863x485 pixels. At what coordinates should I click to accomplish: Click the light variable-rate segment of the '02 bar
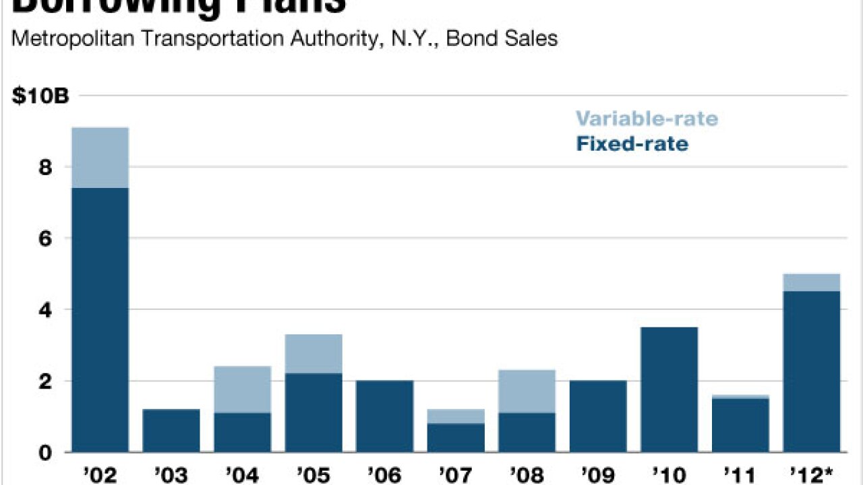click(100, 158)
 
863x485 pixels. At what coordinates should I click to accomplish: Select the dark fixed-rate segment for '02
click(100, 320)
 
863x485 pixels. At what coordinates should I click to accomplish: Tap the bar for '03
click(171, 430)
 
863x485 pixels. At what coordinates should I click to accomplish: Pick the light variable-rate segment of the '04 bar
click(242, 389)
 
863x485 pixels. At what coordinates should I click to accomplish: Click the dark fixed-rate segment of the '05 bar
click(314, 412)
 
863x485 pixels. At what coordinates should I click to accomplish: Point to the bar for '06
click(384, 416)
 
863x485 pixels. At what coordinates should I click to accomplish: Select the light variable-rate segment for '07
click(456, 416)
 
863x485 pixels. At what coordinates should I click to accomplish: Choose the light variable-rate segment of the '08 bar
click(527, 391)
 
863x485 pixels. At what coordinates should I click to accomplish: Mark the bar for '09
click(598, 416)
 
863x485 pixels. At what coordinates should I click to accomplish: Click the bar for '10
click(669, 389)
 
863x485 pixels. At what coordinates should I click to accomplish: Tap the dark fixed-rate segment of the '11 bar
click(740, 425)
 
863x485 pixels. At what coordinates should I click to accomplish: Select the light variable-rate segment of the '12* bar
click(811, 282)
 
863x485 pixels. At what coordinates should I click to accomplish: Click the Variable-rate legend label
click(647, 119)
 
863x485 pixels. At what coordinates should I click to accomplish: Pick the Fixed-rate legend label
click(632, 143)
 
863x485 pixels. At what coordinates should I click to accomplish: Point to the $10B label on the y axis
click(40, 96)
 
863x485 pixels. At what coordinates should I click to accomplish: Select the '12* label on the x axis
click(812, 474)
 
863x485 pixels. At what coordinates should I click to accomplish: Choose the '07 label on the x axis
click(456, 474)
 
